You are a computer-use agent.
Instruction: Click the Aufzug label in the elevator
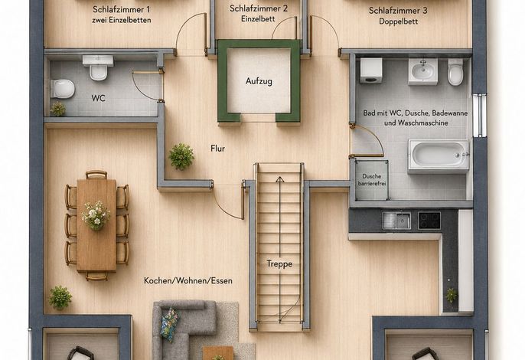click(x=259, y=81)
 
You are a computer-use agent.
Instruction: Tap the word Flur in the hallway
click(x=217, y=149)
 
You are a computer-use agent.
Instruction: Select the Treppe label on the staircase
click(x=279, y=263)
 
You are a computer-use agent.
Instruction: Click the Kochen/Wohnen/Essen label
click(x=188, y=280)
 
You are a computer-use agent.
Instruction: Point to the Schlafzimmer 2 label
click(x=259, y=8)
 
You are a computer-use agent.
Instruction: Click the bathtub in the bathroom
click(x=439, y=156)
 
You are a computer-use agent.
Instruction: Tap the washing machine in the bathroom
click(x=371, y=70)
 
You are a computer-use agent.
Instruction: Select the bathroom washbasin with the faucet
click(x=423, y=71)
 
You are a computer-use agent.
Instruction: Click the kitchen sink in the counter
click(x=396, y=221)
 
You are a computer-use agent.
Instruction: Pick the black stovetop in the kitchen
click(x=429, y=221)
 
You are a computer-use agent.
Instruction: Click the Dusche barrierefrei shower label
click(x=372, y=180)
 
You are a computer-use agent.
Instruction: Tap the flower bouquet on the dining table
click(x=96, y=215)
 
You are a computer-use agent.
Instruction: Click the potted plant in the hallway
click(x=181, y=156)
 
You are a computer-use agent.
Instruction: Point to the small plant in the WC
click(x=58, y=109)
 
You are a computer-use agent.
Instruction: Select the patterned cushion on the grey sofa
click(x=169, y=325)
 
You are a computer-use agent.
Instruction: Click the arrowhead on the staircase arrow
click(x=280, y=179)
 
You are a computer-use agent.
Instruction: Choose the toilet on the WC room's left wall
click(x=63, y=89)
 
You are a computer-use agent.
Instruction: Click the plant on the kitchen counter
click(x=451, y=296)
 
